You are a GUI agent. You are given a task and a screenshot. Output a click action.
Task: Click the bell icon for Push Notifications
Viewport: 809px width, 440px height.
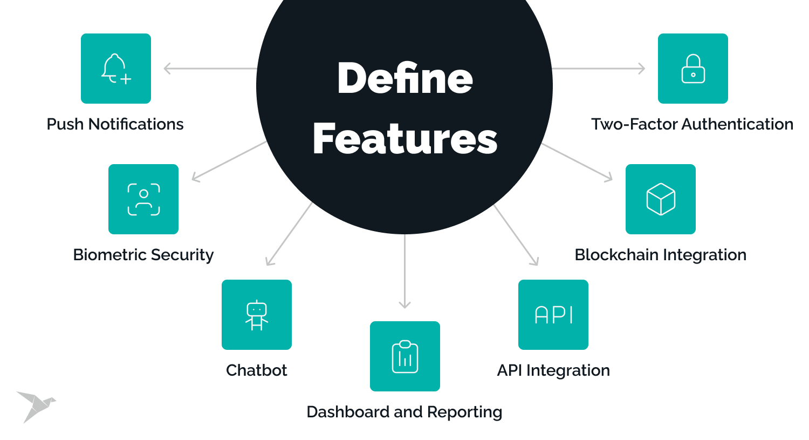pos(116,69)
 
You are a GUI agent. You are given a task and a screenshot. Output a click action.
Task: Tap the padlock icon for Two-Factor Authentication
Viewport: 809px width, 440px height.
pos(693,69)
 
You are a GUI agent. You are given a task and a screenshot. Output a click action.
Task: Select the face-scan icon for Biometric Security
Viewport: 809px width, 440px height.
pos(143,199)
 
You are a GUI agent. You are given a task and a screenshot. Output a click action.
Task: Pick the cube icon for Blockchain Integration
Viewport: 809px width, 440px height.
pos(661,199)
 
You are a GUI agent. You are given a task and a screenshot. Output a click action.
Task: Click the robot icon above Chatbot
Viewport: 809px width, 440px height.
pos(257,315)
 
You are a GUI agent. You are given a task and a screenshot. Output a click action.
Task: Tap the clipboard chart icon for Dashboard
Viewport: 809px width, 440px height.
pos(405,356)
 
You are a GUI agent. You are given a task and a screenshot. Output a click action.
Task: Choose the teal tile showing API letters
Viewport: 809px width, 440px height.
pos(553,315)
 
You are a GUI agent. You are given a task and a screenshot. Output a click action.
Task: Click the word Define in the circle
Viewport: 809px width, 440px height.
pos(405,78)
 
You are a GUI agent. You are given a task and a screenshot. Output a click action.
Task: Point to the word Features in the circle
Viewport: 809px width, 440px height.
pos(405,139)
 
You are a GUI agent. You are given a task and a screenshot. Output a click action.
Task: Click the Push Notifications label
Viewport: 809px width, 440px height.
pos(115,124)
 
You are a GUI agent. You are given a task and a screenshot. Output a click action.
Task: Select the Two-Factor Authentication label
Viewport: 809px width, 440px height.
pos(692,124)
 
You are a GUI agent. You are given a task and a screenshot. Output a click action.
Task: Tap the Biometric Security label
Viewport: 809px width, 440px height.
pos(143,255)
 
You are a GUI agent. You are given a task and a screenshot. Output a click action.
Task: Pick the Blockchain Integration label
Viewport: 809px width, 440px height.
pos(661,255)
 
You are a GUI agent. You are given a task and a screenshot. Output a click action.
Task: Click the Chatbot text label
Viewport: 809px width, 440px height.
pos(257,370)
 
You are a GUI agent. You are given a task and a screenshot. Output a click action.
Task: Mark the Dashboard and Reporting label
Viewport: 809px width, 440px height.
pos(404,412)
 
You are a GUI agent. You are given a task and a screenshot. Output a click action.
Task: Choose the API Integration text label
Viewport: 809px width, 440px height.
pos(553,370)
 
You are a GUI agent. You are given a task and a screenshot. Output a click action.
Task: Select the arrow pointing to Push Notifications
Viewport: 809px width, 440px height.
pos(210,69)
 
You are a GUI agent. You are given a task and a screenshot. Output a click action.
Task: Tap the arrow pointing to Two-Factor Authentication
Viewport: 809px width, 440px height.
pos(599,69)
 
